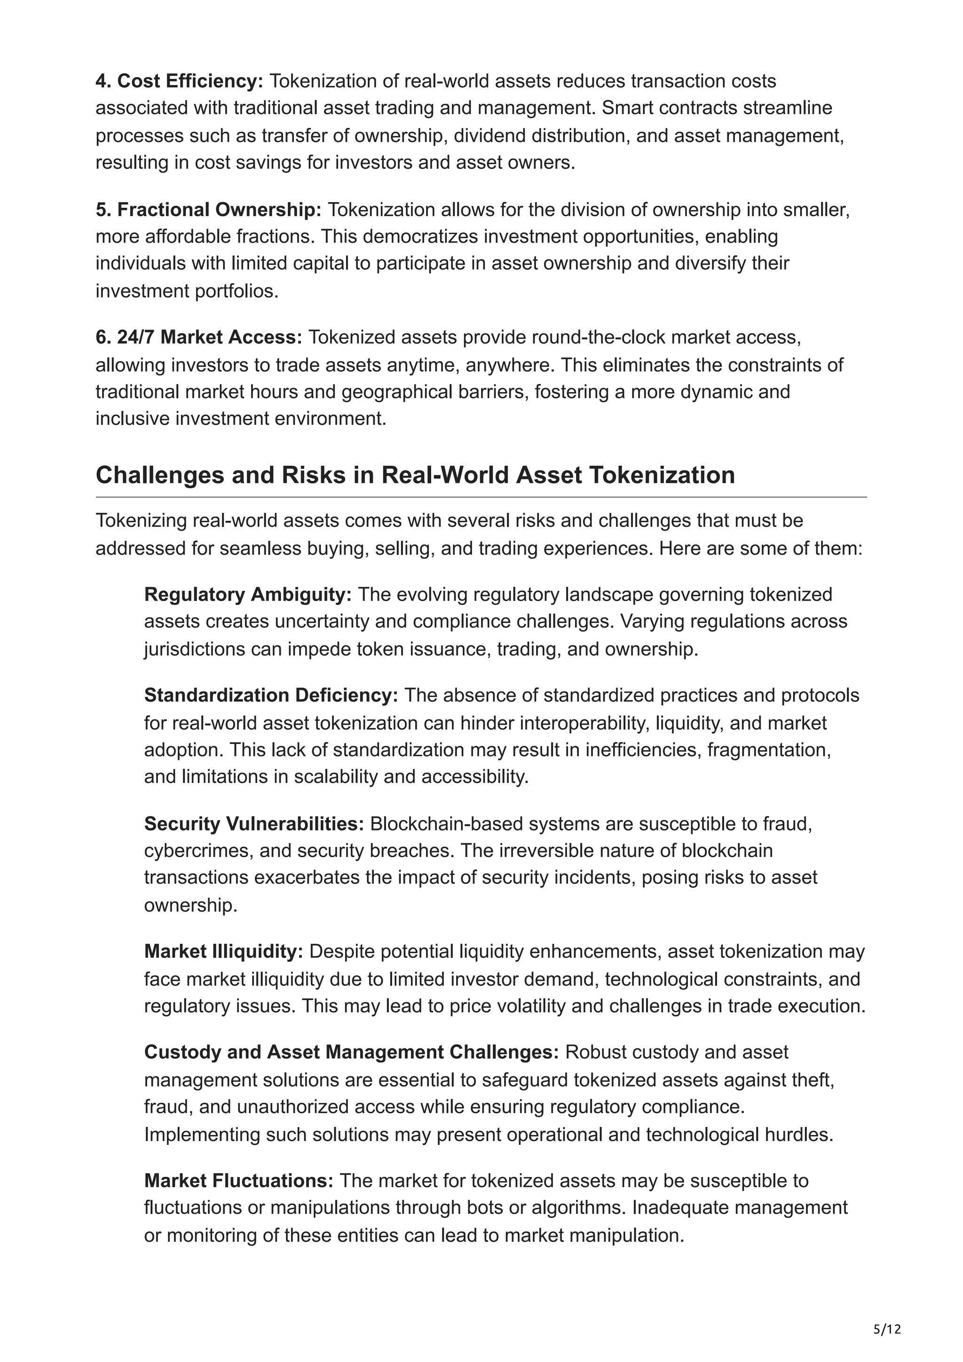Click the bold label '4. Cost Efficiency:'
tap(179, 81)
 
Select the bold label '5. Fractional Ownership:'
tap(208, 210)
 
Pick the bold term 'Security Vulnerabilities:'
tap(254, 823)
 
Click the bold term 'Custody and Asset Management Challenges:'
tap(351, 1052)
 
